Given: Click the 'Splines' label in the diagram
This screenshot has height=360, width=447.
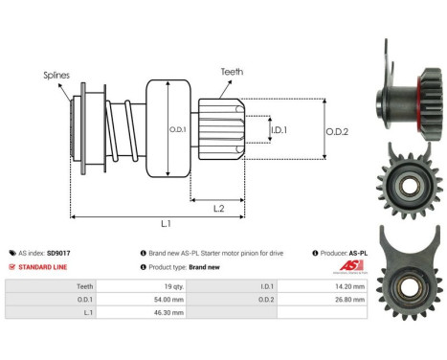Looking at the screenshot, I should point(56,73).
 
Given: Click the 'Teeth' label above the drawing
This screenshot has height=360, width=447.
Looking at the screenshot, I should point(231,70).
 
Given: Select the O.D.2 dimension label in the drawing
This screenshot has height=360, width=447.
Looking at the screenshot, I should point(338,131).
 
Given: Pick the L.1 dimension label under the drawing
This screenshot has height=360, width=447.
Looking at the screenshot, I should point(166,224).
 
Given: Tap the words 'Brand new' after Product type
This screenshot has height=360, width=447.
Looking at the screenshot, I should point(205,267).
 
